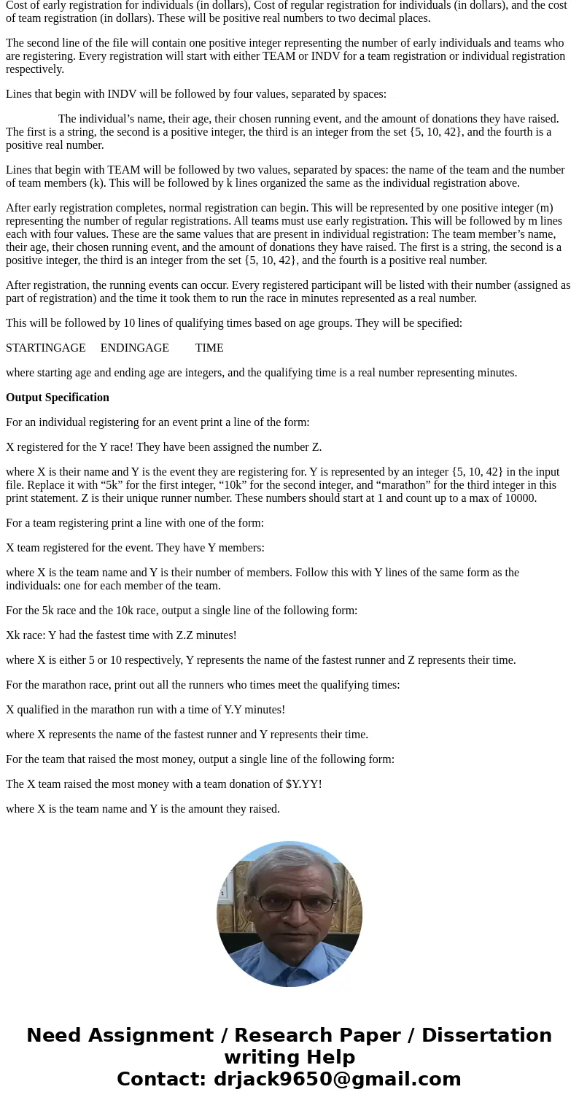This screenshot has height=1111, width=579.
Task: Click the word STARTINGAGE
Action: (x=45, y=348)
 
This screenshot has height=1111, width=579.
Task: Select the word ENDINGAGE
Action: (x=134, y=348)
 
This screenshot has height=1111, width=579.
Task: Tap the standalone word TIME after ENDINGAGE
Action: (x=209, y=348)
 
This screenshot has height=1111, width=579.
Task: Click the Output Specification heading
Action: (x=58, y=398)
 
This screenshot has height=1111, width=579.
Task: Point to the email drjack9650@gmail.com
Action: (x=337, y=1079)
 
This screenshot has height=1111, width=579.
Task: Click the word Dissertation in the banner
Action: (x=486, y=1035)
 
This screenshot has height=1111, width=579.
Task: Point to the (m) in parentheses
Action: (x=544, y=208)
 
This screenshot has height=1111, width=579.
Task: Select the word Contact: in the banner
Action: (x=161, y=1079)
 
